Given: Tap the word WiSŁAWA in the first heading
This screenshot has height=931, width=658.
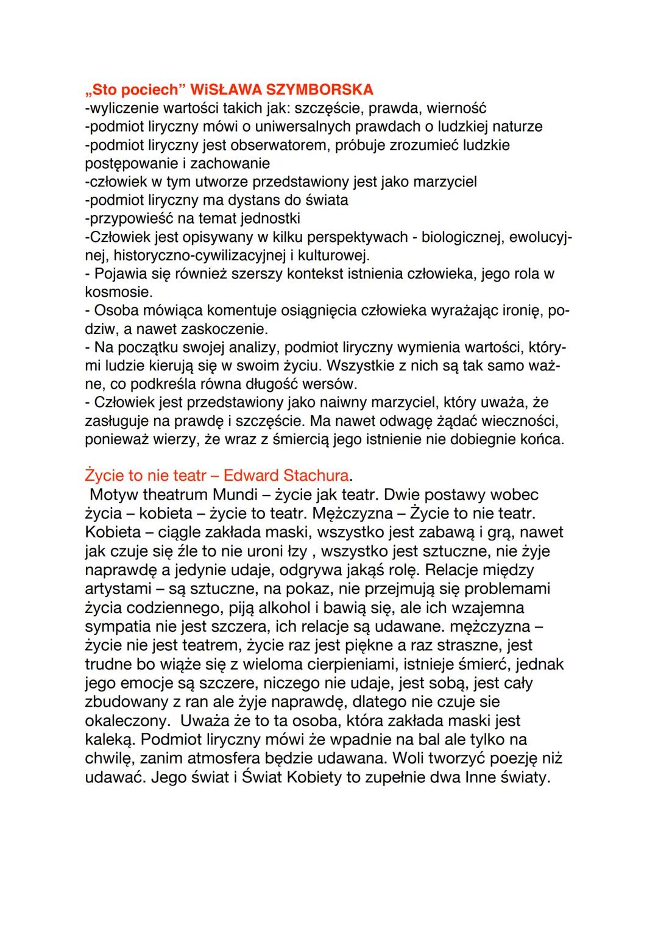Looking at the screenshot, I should pyautogui.click(x=222, y=90).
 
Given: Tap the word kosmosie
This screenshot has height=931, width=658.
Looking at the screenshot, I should pyautogui.click(x=118, y=292).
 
